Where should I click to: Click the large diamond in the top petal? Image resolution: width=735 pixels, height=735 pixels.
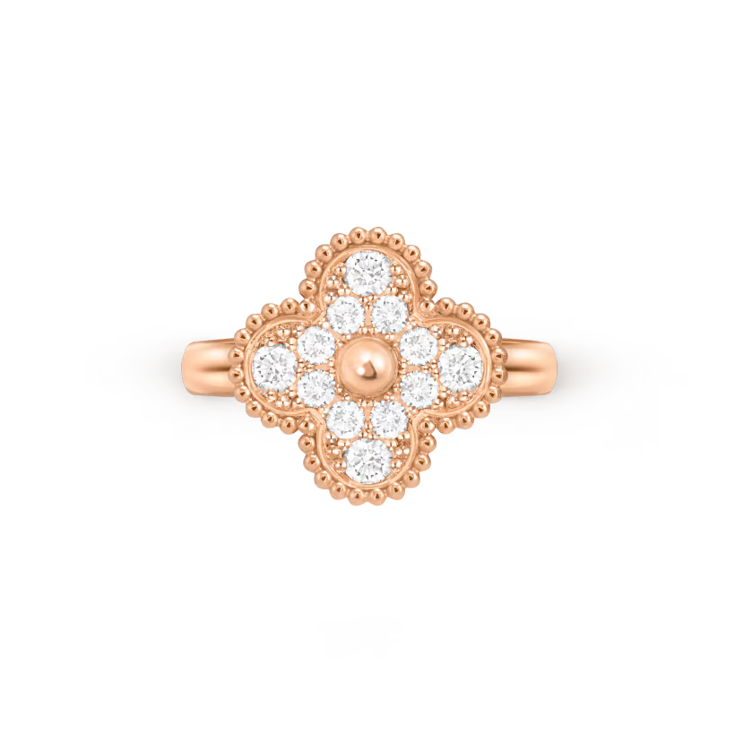367,272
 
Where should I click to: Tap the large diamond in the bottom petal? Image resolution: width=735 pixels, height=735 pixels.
367,461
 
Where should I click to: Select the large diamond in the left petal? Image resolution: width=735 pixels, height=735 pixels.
273,367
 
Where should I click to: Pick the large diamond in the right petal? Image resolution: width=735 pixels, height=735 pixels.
461,367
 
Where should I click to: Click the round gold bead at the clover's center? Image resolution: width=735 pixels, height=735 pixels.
367,367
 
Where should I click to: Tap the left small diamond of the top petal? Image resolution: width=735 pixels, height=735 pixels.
344,315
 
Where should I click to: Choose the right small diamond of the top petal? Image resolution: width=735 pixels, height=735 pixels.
389,315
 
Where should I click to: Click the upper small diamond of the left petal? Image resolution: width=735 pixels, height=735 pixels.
316,344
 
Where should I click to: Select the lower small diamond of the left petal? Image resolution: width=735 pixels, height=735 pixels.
316,388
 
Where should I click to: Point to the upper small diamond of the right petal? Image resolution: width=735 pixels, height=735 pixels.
418,344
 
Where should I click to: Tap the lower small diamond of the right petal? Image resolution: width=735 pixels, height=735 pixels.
418,388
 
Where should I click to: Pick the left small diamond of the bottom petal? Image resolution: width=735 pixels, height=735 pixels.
344,418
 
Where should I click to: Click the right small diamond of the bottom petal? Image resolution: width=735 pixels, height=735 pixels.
389,418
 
